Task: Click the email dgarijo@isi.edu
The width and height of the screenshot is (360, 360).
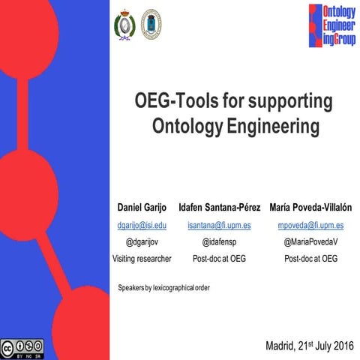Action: (x=142, y=225)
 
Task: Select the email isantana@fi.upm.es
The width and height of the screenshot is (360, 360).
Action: (x=219, y=225)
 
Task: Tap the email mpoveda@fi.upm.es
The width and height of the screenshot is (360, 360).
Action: (x=310, y=225)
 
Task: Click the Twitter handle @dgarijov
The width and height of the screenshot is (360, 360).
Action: (x=142, y=241)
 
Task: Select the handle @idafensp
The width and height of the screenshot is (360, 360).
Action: (x=219, y=241)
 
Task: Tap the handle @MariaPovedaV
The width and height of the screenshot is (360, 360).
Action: (x=310, y=241)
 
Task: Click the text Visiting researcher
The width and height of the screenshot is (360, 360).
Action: (x=142, y=258)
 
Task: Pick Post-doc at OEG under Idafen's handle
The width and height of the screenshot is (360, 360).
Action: (x=219, y=258)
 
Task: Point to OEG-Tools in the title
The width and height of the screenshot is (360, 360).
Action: (x=170, y=100)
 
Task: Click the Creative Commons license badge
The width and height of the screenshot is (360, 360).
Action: (x=22, y=348)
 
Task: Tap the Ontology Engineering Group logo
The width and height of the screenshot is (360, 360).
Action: (x=331, y=25)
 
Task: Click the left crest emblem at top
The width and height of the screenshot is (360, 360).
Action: (x=121, y=25)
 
